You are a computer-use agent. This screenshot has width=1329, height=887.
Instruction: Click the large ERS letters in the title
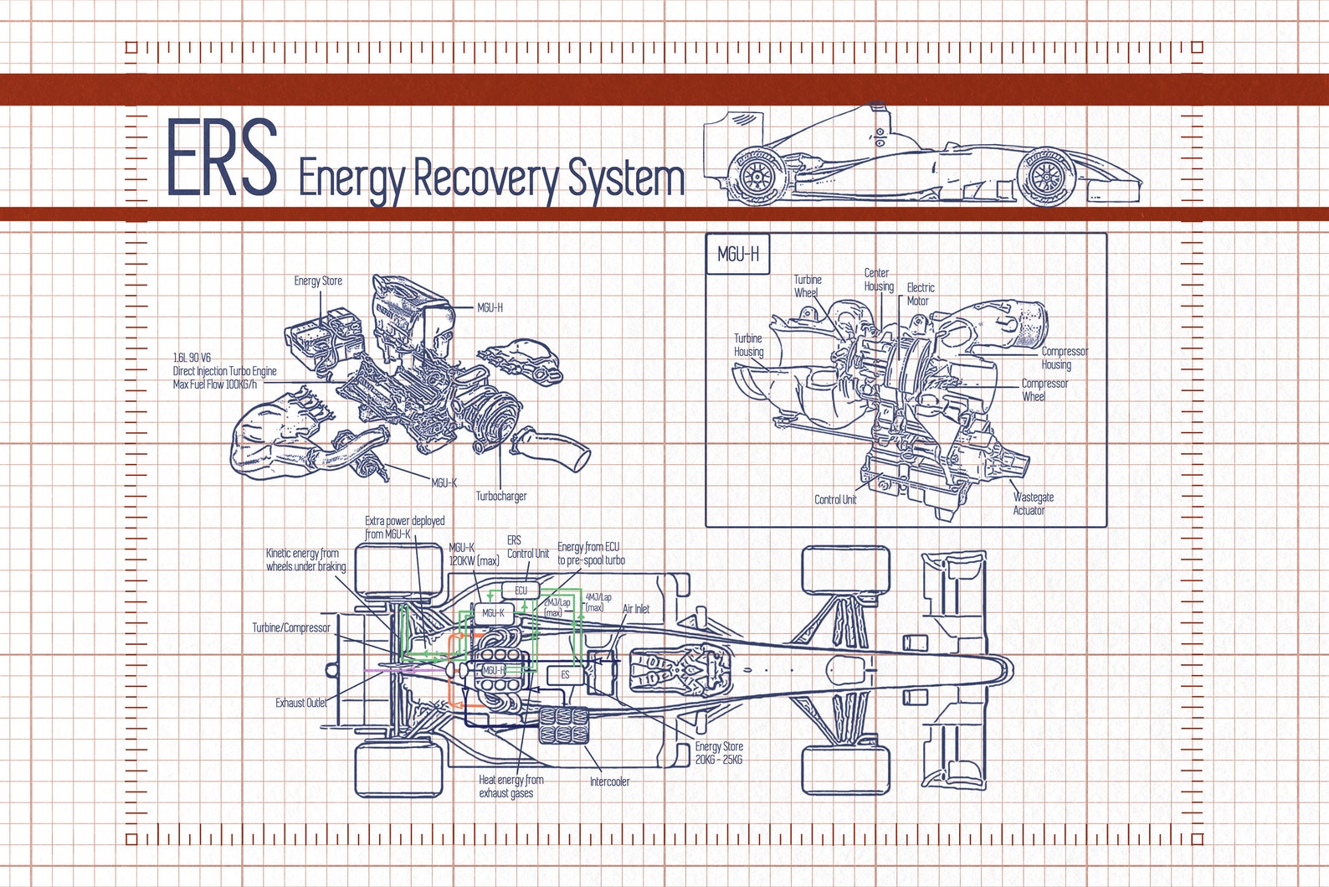(x=222, y=157)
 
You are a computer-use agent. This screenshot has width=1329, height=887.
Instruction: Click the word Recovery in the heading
(x=485, y=178)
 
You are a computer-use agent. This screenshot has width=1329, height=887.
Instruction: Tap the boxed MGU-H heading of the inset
(x=738, y=254)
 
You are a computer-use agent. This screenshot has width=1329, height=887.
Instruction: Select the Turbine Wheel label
(x=808, y=286)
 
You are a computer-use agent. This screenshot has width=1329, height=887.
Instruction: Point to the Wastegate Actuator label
(x=1033, y=503)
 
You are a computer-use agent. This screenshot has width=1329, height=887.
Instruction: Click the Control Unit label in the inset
(x=835, y=499)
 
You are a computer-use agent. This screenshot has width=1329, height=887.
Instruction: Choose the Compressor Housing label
(x=1064, y=358)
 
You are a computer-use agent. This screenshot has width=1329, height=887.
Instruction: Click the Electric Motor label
(x=920, y=294)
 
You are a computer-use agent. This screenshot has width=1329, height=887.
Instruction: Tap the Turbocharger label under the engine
(x=501, y=496)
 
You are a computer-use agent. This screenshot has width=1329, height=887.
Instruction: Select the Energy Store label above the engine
(x=318, y=281)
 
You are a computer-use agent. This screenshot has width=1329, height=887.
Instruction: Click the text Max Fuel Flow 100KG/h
(x=215, y=384)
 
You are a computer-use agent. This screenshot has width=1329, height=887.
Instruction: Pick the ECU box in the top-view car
(x=521, y=590)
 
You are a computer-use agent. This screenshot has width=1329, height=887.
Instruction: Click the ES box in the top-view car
(x=565, y=675)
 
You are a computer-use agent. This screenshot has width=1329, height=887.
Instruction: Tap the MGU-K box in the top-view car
(x=493, y=613)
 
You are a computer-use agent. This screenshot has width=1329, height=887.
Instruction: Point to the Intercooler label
(x=609, y=781)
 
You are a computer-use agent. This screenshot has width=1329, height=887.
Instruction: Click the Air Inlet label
(x=636, y=609)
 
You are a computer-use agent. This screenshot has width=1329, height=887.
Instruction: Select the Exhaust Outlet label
(x=301, y=703)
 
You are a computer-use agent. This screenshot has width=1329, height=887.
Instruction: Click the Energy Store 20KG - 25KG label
(x=718, y=753)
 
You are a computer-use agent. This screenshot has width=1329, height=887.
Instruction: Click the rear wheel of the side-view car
(x=757, y=175)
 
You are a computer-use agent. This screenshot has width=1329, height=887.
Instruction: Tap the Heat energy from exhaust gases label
(x=511, y=786)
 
